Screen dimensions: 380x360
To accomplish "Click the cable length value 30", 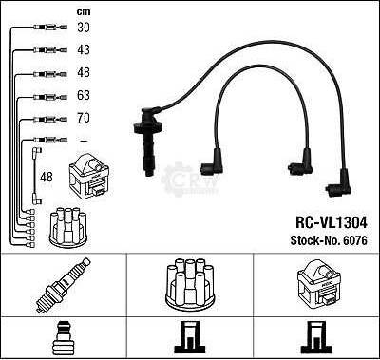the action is (x=84, y=28).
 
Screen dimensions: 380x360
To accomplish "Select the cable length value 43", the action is (x=84, y=49).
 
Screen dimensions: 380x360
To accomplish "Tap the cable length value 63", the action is (x=84, y=95).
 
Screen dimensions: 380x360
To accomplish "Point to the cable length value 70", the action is (x=84, y=118).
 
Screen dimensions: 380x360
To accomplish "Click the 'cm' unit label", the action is (x=84, y=12).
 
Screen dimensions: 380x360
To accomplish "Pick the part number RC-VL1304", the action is (x=332, y=222).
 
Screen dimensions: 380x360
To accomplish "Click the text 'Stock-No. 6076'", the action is (x=329, y=240).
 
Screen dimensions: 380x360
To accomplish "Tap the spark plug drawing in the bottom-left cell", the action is (x=63, y=285).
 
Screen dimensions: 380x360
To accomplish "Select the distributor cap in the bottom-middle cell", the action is (x=190, y=285).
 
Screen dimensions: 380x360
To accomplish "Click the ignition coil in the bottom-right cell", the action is (x=318, y=284).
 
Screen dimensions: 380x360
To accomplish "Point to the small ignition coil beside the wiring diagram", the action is (x=89, y=176).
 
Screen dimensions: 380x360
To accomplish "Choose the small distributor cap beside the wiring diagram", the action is (x=67, y=227).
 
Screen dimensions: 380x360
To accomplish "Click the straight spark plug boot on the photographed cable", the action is (x=147, y=142).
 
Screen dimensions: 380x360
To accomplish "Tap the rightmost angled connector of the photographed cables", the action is (x=339, y=184).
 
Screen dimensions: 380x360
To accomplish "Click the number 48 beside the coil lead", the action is (x=47, y=177).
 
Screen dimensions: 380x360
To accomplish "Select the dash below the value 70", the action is (x=84, y=141).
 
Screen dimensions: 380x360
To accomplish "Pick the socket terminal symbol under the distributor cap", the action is (x=189, y=337).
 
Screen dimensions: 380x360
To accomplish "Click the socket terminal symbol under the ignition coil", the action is (x=315, y=337).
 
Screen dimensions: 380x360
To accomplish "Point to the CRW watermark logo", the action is (x=189, y=180).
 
